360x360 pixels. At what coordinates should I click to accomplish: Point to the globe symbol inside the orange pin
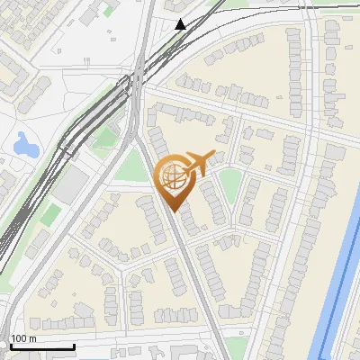pos(170,175)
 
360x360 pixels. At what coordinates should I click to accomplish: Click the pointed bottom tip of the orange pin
pos(172,210)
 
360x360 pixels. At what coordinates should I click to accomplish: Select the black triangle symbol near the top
pos(181,24)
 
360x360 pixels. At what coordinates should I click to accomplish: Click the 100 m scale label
pos(22,338)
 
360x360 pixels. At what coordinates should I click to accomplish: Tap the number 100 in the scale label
pos(18,338)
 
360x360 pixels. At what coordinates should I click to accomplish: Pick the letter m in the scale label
pos(31,338)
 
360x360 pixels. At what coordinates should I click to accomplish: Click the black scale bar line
pos(40,346)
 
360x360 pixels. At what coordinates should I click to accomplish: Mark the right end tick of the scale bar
pos(73,345)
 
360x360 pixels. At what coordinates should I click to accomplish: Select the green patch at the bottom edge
pos(236,348)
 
